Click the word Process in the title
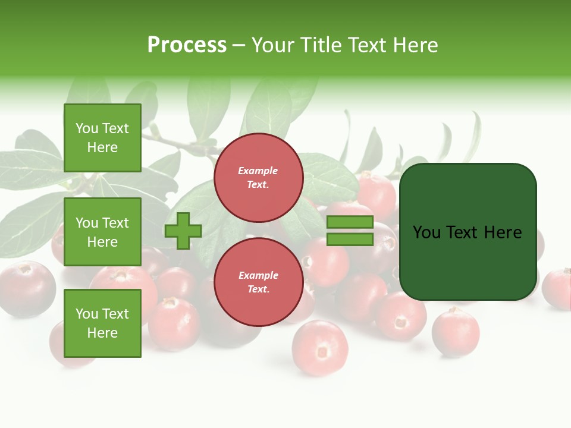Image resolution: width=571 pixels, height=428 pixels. [187, 45]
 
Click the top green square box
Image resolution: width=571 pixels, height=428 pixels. [102, 138]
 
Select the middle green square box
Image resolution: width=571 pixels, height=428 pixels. [102, 232]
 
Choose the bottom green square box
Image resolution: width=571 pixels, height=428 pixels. [102, 323]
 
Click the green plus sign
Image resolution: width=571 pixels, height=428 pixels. [183, 231]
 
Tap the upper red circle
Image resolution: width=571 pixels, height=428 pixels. [258, 178]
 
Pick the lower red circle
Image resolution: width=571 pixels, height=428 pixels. [258, 282]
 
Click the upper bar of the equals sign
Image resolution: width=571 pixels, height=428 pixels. [350, 222]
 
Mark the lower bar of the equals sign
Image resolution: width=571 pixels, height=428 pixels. [350, 240]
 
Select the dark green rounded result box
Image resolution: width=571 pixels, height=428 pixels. [468, 232]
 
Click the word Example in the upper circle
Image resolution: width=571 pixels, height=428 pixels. [258, 171]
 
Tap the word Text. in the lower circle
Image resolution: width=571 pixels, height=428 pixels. [258, 289]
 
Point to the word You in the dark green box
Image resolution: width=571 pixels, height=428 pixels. [427, 232]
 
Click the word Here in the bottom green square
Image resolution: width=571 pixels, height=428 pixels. [102, 333]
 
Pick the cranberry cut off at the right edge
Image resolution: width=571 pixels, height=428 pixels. [558, 289]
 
